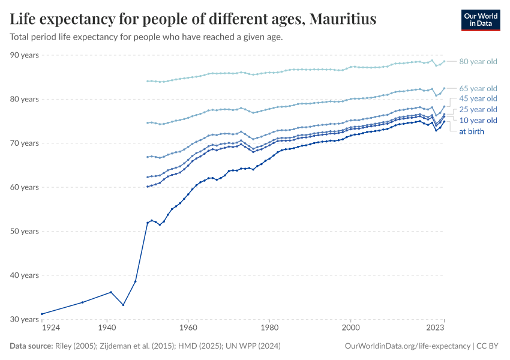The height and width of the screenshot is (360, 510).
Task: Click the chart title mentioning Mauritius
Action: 193,19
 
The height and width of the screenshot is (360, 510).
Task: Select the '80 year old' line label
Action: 478,61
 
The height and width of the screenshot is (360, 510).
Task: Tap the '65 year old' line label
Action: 478,88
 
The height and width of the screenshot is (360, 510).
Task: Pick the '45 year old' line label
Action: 478,98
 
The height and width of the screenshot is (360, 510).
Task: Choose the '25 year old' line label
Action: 478,109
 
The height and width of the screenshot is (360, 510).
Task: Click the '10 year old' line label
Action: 478,121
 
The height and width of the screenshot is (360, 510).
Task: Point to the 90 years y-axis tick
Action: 25,55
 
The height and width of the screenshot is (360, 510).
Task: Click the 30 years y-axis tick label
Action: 25,319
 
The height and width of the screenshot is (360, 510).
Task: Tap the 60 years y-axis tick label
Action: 25,187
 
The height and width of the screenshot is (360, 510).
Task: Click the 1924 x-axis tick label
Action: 50,328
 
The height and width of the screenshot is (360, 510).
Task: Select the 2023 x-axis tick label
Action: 435,328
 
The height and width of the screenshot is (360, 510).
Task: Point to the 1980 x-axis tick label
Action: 269,328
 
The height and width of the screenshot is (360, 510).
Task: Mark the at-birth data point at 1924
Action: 41,314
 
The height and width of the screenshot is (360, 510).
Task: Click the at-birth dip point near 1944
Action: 123,305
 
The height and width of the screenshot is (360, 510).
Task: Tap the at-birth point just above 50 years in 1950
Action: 148,223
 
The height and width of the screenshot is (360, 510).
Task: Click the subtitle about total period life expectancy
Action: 146,37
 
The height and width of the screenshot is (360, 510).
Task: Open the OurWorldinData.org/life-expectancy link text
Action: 408,346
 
